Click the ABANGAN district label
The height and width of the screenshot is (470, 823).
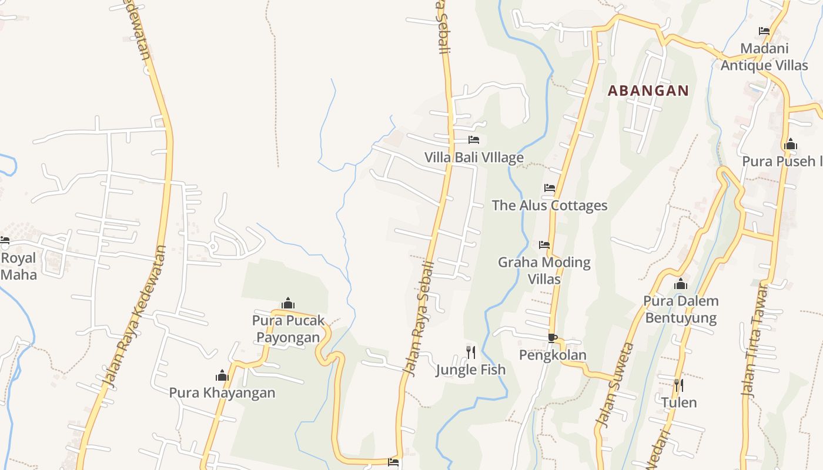click(648, 91)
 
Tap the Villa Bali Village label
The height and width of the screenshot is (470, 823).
click(474, 157)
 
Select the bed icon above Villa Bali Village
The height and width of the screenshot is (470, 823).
click(474, 140)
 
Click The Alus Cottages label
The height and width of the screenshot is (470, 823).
click(550, 206)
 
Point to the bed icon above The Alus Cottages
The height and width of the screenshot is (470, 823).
click(550, 188)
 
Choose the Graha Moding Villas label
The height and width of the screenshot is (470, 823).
click(544, 270)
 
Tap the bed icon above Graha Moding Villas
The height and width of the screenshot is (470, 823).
click(544, 244)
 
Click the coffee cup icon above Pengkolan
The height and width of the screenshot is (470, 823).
click(552, 338)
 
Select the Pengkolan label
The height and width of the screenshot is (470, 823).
click(553, 355)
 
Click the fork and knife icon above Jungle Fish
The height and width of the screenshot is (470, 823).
click(471, 352)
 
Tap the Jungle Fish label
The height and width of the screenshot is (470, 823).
click(471, 370)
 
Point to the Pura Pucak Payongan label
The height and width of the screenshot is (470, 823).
click(288, 329)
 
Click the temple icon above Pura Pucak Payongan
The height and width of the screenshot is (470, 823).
click(288, 303)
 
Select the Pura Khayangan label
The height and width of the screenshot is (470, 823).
click(222, 392)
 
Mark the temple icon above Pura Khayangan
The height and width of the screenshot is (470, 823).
click(222, 375)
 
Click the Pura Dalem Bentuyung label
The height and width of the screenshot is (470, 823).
click(681, 310)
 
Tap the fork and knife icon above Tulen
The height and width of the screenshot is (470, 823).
click(679, 385)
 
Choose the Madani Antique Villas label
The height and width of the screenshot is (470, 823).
click(764, 57)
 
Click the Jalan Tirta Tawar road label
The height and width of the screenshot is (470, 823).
click(755, 341)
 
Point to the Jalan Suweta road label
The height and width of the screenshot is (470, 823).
click(614, 385)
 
